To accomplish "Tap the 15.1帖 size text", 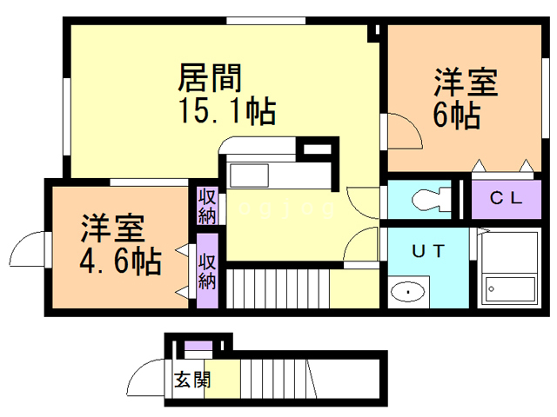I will pyautogui.click(x=227, y=110).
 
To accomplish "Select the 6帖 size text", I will pyautogui.click(x=455, y=116).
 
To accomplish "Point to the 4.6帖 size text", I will pyautogui.click(x=121, y=260).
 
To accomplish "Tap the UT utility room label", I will pyautogui.click(x=428, y=252).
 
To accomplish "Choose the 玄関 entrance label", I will pyautogui.click(x=191, y=380).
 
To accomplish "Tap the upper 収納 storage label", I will pyautogui.click(x=206, y=205).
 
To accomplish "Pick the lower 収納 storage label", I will pyautogui.click(x=207, y=271).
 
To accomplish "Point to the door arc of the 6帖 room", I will pyautogui.click(x=401, y=134).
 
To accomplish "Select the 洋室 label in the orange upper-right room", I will pyautogui.click(x=466, y=84).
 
